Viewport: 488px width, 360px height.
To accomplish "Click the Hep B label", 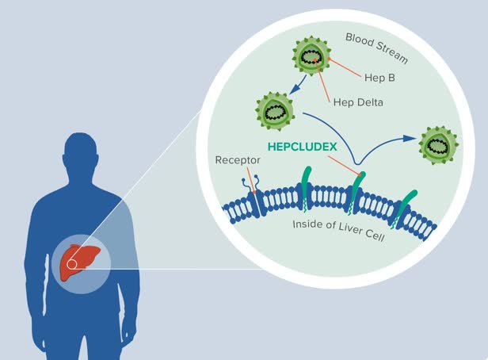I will [x=379, y=79].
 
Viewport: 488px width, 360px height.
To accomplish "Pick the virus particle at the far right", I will [x=437, y=144].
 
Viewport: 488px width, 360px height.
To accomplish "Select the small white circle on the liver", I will [x=71, y=264].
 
